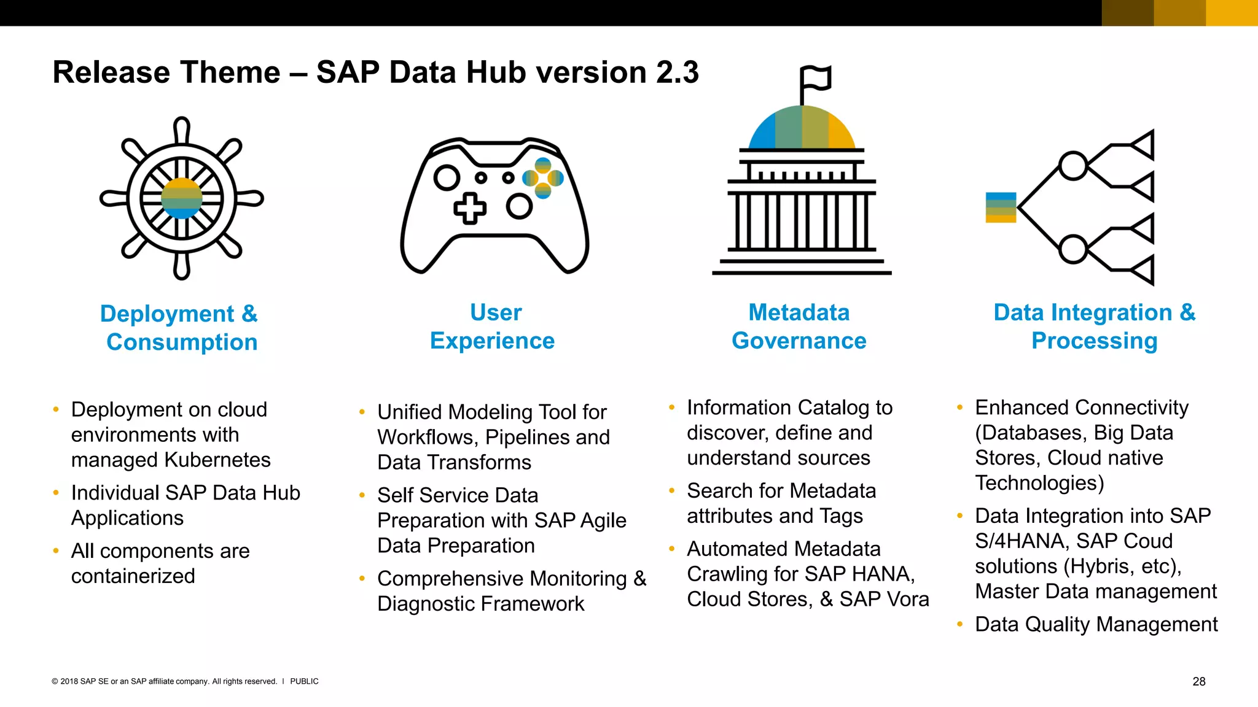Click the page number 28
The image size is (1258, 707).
pos(1198,681)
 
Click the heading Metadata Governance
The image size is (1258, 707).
pos(799,326)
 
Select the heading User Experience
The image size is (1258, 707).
pos(493,326)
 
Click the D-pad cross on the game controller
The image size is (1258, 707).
pos(470,208)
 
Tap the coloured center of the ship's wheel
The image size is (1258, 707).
pos(182,198)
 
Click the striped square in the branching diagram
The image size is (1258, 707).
pos(1001,207)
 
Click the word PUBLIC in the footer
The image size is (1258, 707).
pos(304,681)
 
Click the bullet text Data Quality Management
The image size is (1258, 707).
pos(1096,624)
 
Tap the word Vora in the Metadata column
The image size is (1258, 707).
pos(907,599)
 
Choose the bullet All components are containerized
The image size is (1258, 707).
pos(160,563)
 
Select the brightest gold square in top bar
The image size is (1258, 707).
pos(1231,13)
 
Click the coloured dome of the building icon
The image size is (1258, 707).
pos(802,128)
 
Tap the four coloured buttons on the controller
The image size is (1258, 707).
pos(543,178)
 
